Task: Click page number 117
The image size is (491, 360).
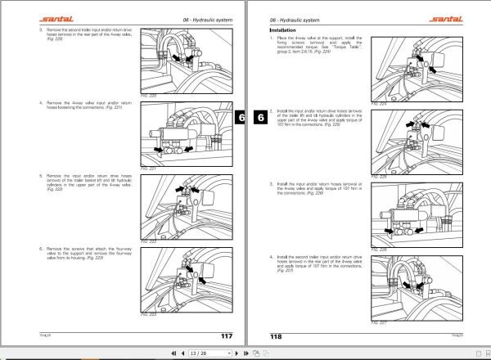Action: [227, 335]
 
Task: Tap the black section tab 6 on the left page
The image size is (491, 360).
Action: [241, 117]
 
